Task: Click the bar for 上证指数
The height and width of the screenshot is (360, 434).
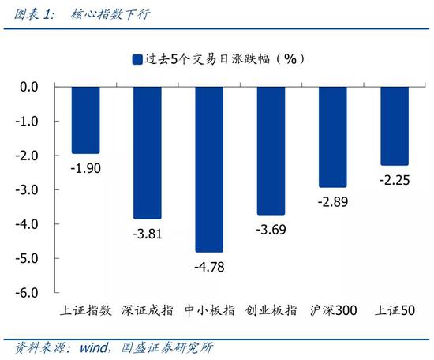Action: [84, 120]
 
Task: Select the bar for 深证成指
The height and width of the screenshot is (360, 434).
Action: [147, 152]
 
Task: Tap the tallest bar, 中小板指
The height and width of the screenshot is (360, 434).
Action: [209, 169]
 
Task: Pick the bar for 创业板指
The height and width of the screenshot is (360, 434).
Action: [271, 150]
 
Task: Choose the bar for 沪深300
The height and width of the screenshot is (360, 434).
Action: [333, 137]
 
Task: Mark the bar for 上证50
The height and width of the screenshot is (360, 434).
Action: [395, 126]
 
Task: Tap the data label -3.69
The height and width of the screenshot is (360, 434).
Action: [271, 229]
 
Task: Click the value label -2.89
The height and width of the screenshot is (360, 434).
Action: [333, 201]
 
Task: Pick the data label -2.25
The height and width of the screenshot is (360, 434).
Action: [395, 179]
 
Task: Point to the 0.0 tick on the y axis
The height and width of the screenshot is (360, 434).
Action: [29, 87]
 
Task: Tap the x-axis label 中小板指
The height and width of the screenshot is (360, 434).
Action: [209, 311]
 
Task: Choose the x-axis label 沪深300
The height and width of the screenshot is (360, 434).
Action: [333, 311]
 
